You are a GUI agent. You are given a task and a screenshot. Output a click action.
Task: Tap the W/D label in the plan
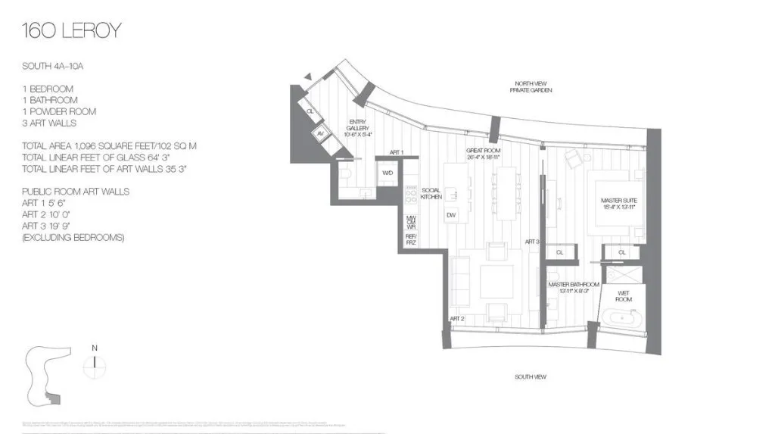[x=387, y=173]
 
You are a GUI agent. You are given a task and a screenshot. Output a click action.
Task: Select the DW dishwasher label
[x=451, y=216]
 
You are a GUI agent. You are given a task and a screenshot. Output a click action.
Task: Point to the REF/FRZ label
[x=411, y=239]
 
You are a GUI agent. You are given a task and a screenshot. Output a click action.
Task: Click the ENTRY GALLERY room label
[x=358, y=128]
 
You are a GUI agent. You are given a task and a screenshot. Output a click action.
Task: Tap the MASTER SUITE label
[x=617, y=203]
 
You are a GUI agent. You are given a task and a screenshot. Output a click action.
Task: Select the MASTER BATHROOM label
[x=574, y=288]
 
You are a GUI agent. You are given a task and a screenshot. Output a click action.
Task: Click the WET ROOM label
[x=624, y=295]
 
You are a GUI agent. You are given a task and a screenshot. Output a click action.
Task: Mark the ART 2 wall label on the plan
[x=456, y=319]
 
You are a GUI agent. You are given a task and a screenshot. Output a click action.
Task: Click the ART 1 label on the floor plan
[x=397, y=153]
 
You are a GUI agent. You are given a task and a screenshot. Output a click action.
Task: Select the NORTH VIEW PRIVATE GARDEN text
[x=531, y=86]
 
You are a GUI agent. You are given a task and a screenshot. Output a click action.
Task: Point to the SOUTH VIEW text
[x=530, y=376]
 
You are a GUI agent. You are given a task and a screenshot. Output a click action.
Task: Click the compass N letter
[x=95, y=348]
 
